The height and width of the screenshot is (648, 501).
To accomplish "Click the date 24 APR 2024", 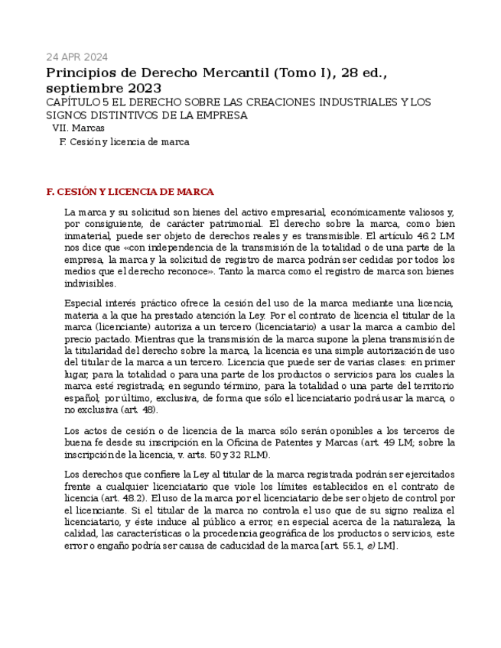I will (76, 57).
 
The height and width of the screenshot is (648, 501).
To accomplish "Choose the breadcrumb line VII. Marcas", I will (78, 128).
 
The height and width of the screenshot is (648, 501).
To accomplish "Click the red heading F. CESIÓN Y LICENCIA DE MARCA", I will (130, 192).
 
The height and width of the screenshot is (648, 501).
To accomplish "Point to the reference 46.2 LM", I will (438, 236).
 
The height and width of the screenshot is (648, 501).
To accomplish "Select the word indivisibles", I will (90, 283).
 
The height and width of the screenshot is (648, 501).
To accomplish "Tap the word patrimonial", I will (229, 224).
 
